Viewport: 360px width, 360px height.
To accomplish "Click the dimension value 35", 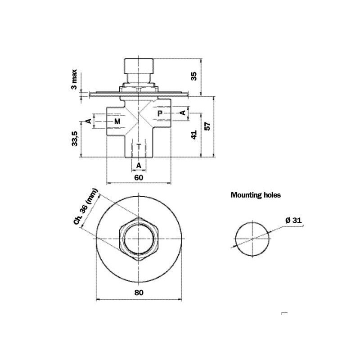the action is (194, 76).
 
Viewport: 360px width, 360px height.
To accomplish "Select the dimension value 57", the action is (207, 126).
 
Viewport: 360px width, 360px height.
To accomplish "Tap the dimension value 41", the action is (194, 135).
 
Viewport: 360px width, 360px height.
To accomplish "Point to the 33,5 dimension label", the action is (75, 139).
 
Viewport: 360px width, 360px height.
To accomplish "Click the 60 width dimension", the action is (139, 177).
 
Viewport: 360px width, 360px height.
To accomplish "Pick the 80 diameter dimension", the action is (139, 292).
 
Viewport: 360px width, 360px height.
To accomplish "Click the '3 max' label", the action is (74, 79).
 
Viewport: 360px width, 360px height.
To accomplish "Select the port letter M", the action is (117, 121).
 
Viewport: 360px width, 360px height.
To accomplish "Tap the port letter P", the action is (160, 113).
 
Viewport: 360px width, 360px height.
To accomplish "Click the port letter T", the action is (139, 146).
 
